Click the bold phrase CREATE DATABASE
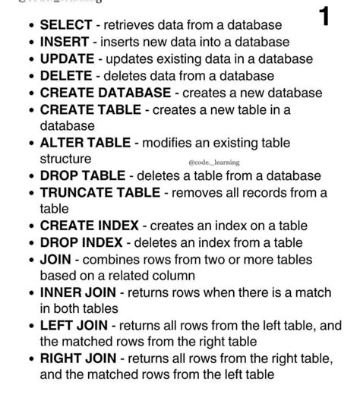tap(105, 93)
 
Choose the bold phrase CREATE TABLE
tap(89, 109)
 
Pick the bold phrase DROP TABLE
tap(83, 176)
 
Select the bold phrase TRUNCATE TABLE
tap(101, 193)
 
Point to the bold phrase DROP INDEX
tap(81, 242)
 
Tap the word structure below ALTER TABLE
tap(65, 160)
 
